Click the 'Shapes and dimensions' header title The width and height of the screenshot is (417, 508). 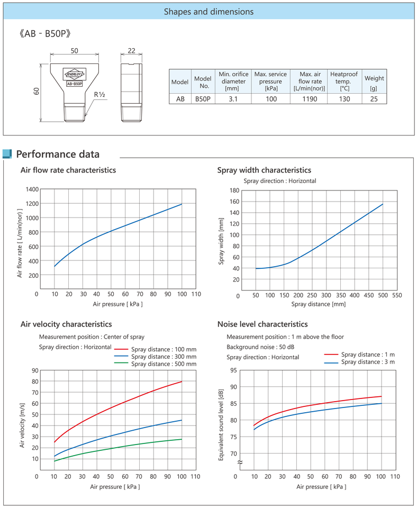click(x=208, y=11)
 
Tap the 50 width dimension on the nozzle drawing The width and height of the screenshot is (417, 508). click(x=74, y=50)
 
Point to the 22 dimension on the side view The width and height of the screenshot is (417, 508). click(x=132, y=50)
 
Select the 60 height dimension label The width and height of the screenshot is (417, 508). click(x=37, y=92)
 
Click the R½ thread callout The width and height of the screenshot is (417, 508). click(x=99, y=95)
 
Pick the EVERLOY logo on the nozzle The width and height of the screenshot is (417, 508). click(x=74, y=74)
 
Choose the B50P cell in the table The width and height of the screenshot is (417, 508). click(x=203, y=98)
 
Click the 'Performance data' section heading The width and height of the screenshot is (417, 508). click(x=58, y=155)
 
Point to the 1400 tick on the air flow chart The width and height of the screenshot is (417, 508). click(x=32, y=189)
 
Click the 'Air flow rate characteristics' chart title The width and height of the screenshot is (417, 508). click(x=68, y=170)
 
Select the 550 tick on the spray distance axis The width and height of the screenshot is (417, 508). click(x=396, y=295)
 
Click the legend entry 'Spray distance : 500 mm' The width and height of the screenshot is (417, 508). click(x=164, y=364)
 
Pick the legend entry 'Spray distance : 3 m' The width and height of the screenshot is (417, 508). click(x=368, y=362)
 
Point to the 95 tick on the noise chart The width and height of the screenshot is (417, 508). click(x=233, y=370)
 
